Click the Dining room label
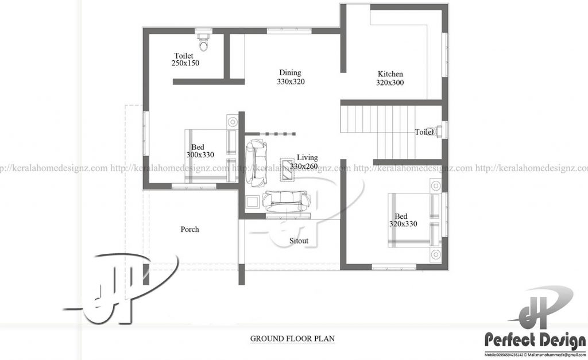290,73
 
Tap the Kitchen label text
390,74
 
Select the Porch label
189,230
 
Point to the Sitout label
299,241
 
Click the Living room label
307,157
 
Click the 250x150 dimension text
185,64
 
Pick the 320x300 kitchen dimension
390,83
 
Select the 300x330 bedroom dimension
200,155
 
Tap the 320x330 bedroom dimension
403,224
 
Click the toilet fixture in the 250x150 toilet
203,41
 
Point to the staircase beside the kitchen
376,130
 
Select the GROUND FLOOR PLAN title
292,338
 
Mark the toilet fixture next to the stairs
439,131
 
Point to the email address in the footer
552,355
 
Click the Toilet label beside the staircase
424,133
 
